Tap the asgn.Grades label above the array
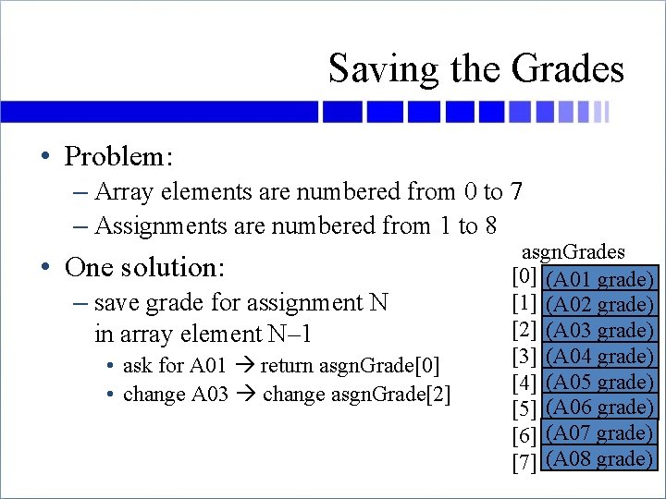click(x=573, y=252)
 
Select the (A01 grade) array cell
click(x=600, y=279)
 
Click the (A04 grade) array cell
click(x=600, y=357)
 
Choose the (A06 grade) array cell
click(x=600, y=408)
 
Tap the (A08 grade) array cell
click(x=600, y=458)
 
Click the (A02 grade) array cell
click(x=600, y=304)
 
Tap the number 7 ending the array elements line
click(x=516, y=192)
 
